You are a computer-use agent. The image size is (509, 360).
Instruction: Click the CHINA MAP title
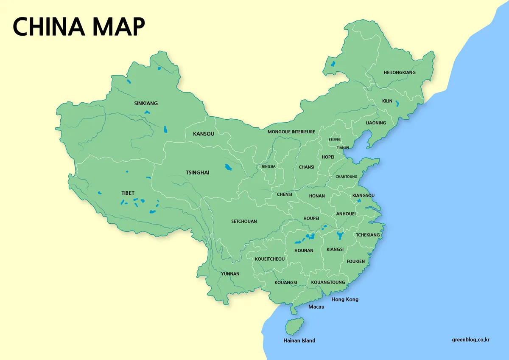(x=79, y=27)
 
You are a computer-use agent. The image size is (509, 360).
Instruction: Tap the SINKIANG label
(x=146, y=103)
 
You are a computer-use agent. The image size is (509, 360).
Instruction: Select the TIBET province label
(x=128, y=193)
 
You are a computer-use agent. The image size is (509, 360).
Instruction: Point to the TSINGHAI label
(x=198, y=173)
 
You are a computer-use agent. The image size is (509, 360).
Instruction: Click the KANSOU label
(x=204, y=134)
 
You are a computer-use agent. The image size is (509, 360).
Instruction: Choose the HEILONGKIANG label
(x=400, y=73)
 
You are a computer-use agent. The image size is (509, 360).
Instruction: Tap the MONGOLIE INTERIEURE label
(x=291, y=132)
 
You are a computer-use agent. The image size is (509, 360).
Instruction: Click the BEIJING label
(x=334, y=140)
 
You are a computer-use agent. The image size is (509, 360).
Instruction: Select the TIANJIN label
(x=343, y=148)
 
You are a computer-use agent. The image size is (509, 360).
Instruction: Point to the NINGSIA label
(x=268, y=166)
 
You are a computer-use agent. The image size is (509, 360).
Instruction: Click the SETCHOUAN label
(x=244, y=222)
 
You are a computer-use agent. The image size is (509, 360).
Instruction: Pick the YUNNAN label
(x=230, y=274)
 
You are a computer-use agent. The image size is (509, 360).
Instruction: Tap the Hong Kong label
(x=345, y=299)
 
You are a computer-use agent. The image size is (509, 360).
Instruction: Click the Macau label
(x=316, y=307)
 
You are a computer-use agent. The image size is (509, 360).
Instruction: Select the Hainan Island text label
(x=299, y=340)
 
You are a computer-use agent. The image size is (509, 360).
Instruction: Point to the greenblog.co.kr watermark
(x=471, y=340)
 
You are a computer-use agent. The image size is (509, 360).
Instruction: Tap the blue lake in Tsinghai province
(x=228, y=167)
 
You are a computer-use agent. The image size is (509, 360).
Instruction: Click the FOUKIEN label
(x=355, y=262)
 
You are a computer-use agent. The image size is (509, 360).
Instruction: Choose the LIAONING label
(x=376, y=123)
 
